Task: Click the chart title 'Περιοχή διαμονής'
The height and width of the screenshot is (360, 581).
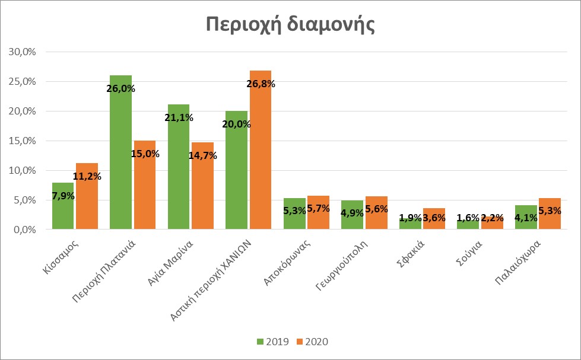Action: point(290,26)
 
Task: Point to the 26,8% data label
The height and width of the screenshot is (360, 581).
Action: point(261,84)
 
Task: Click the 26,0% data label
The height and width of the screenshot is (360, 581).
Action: point(120,89)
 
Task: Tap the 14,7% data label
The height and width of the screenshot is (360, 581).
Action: point(202,156)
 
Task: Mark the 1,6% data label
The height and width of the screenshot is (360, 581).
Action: point(468,218)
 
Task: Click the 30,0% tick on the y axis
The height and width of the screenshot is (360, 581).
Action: point(23,52)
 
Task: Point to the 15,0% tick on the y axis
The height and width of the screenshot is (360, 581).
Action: point(23,141)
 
